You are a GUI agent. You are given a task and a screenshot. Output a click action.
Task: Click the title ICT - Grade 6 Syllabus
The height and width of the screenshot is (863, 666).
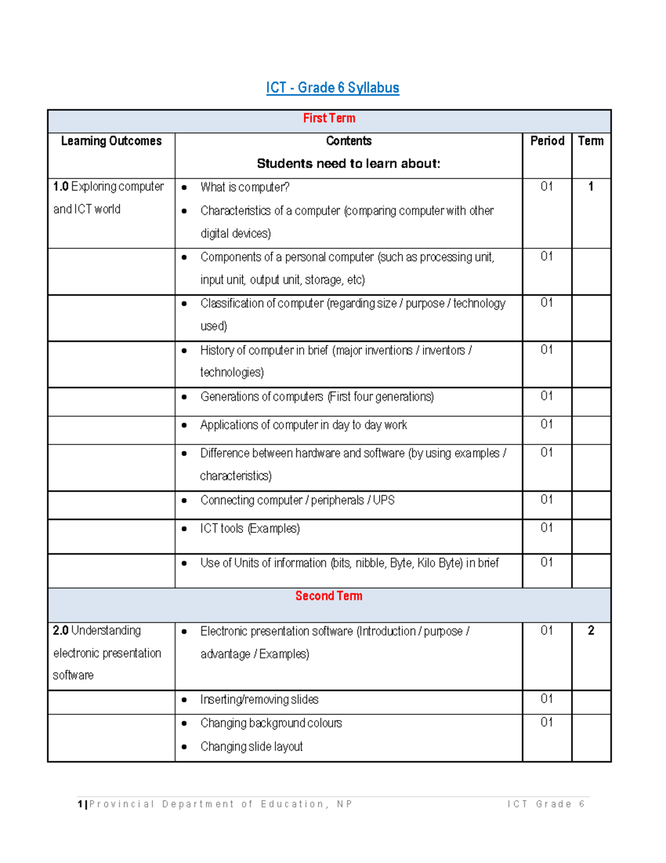coord(332,88)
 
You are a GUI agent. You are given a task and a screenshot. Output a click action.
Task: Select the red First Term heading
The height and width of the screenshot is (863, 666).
coord(329,118)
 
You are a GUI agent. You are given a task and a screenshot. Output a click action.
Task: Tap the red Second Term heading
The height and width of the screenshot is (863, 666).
coord(329,596)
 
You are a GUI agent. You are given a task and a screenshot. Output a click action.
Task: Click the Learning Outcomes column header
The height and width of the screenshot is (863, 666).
coord(111,141)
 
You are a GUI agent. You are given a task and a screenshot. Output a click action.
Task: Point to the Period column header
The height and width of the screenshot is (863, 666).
coord(547,141)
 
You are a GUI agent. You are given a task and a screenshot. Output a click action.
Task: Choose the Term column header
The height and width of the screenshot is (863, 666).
coord(591,141)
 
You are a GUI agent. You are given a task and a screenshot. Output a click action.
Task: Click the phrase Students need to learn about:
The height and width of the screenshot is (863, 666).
coord(349,164)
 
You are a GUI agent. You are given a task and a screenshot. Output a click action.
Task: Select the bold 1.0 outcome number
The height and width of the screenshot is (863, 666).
coord(60,187)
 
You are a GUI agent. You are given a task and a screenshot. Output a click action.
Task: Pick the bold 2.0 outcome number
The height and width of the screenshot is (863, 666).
coord(60,631)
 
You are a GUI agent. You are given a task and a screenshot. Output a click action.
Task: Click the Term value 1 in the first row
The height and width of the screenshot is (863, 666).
coord(591,187)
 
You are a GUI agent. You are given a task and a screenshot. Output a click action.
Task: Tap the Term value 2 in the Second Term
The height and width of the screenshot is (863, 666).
coord(591,631)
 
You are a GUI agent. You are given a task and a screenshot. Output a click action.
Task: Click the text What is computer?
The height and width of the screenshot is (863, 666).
coord(245,187)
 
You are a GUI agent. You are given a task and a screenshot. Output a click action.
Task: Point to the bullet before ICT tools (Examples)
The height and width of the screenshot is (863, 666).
coord(184,529)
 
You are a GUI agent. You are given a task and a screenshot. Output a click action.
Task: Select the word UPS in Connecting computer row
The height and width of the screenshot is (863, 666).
coord(384,500)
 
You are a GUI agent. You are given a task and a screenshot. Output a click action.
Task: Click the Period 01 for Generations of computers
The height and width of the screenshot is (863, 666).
coord(547,396)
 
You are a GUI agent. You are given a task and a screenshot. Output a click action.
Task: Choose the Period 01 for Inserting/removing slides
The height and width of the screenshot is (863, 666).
coord(547,699)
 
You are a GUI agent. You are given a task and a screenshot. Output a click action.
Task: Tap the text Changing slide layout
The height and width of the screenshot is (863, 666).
coord(251,746)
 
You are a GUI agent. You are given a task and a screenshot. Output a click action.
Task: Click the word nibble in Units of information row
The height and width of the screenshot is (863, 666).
coord(371,563)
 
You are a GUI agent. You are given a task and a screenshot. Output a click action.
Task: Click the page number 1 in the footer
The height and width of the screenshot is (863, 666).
coord(80,804)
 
